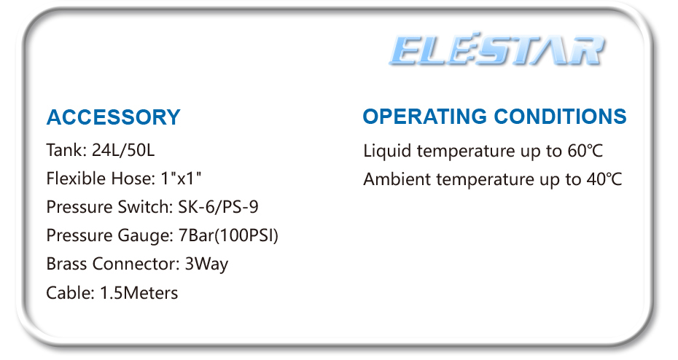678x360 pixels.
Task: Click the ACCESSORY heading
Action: click(x=113, y=117)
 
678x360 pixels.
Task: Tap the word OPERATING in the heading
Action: click(x=424, y=117)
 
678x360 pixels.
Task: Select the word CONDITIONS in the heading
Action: click(x=561, y=117)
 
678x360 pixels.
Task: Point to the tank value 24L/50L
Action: click(x=123, y=150)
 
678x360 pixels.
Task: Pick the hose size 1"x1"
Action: click(x=181, y=178)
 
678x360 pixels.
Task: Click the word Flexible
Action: click(x=76, y=178)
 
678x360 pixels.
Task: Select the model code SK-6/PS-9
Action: click(x=219, y=206)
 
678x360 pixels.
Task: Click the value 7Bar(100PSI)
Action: click(x=228, y=235)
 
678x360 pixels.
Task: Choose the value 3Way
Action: click(x=206, y=264)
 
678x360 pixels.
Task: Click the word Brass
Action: click(x=66, y=264)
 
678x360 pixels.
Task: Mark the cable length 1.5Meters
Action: click(x=139, y=292)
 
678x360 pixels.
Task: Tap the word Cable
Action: click(x=70, y=292)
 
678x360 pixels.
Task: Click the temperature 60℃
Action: click(x=585, y=151)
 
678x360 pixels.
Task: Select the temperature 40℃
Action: click(x=604, y=179)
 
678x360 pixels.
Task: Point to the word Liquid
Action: click(x=387, y=152)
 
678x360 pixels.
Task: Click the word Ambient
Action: click(x=397, y=179)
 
